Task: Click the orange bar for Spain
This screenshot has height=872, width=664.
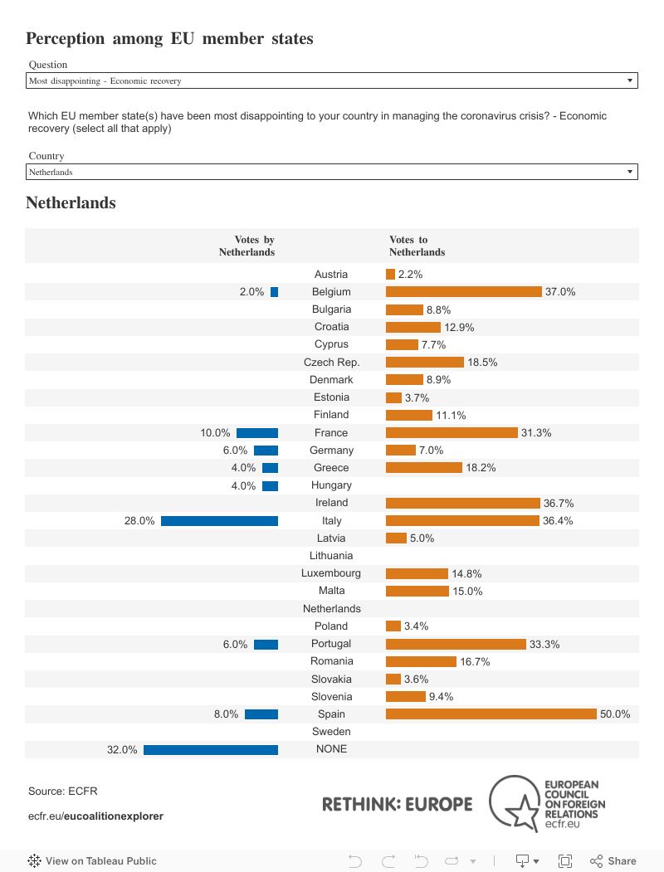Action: click(x=491, y=714)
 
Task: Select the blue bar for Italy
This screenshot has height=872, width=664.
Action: click(x=219, y=521)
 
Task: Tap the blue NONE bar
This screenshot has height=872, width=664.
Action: click(x=211, y=749)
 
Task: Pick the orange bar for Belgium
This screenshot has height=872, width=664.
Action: click(x=463, y=292)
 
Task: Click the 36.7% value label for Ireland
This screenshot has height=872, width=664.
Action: click(x=559, y=504)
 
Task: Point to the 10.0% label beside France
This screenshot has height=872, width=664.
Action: click(x=215, y=433)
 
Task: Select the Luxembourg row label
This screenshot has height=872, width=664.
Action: click(x=331, y=573)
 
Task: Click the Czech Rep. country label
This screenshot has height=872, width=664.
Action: click(x=331, y=363)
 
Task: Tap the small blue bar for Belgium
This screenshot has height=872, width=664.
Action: click(x=274, y=292)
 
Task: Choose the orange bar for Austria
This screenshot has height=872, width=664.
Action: click(x=390, y=275)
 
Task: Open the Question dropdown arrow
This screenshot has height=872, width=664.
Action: click(x=631, y=81)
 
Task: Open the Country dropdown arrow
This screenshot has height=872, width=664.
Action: click(x=631, y=172)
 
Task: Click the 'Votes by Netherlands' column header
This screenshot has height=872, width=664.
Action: click(x=247, y=246)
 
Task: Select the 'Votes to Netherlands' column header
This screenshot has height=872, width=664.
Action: click(x=417, y=246)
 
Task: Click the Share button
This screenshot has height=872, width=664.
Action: click(x=613, y=861)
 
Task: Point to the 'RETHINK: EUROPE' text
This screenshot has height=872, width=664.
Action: click(x=397, y=804)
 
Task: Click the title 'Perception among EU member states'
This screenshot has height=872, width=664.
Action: click(x=169, y=38)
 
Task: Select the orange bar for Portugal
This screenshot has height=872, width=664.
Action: click(x=456, y=644)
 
